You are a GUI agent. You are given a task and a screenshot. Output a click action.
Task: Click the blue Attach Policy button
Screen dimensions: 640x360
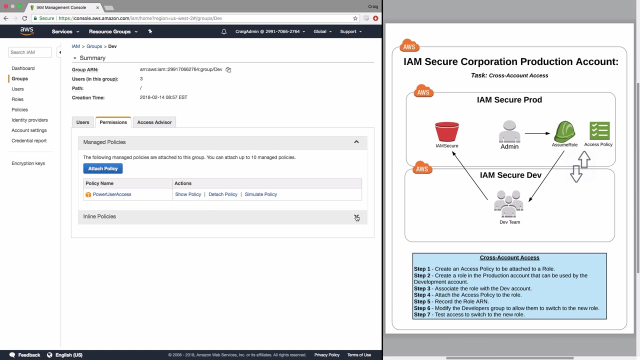103,168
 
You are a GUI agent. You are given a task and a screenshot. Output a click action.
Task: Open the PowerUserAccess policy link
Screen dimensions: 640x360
112,194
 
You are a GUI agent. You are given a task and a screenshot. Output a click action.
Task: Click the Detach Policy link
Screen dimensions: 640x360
223,194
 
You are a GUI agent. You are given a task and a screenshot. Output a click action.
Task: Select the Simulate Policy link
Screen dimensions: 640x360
261,194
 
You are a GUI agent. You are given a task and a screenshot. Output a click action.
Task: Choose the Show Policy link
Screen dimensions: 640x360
188,194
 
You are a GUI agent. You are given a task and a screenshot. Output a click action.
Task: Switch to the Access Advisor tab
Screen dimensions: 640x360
154,122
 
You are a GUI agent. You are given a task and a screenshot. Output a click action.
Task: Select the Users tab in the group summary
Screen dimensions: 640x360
82,122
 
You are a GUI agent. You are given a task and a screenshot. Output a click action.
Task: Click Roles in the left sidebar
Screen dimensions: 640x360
17,99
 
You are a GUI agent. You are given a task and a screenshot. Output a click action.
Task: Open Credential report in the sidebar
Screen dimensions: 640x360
29,140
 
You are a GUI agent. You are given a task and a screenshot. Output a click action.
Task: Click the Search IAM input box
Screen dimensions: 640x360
29,52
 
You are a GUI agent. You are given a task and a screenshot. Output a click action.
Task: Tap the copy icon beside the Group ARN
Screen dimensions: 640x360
228,69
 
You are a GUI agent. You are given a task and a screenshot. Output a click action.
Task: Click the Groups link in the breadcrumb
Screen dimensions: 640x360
94,46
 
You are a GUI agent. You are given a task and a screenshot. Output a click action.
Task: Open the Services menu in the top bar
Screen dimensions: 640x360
65,31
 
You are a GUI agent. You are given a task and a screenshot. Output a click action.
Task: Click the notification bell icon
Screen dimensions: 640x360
224,31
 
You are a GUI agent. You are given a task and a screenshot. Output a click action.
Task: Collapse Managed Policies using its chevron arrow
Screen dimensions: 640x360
356,142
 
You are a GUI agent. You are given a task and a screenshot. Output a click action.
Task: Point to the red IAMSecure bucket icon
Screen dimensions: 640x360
447,131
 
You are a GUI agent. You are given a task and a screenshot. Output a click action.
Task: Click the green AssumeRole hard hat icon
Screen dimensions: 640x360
564,131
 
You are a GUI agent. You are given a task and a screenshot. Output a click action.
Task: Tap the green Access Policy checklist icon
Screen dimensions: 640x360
599,130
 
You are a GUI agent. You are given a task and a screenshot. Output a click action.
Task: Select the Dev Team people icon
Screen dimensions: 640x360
509,204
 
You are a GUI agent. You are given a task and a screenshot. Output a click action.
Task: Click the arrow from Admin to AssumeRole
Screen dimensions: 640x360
537,133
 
